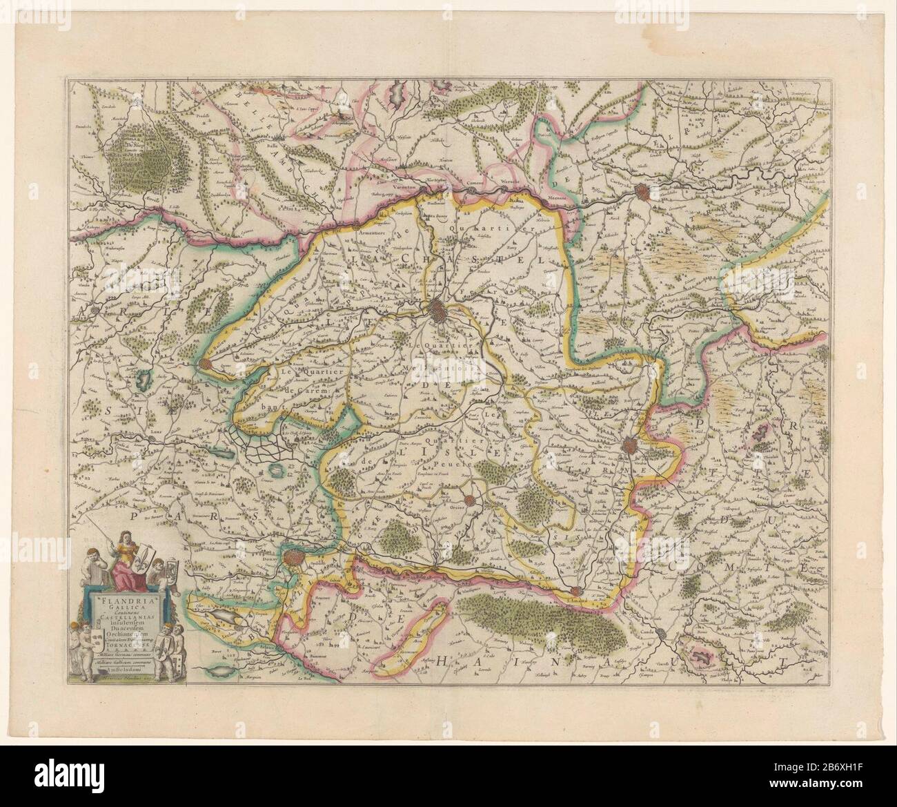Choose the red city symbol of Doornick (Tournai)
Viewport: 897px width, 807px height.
tap(630, 446)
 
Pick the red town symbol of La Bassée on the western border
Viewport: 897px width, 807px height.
tap(205, 362)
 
